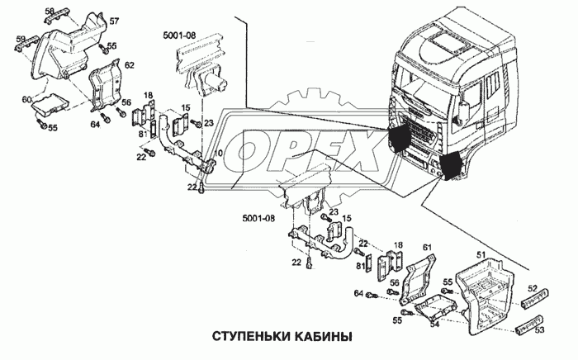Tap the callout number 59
click(x=21, y=38)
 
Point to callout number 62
click(x=129, y=63)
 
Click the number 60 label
click(x=26, y=100)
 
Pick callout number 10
click(x=219, y=154)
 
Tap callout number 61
click(x=427, y=248)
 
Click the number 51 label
click(x=478, y=254)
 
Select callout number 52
click(x=533, y=289)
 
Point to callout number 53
click(x=539, y=329)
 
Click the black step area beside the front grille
click(x=399, y=136)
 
